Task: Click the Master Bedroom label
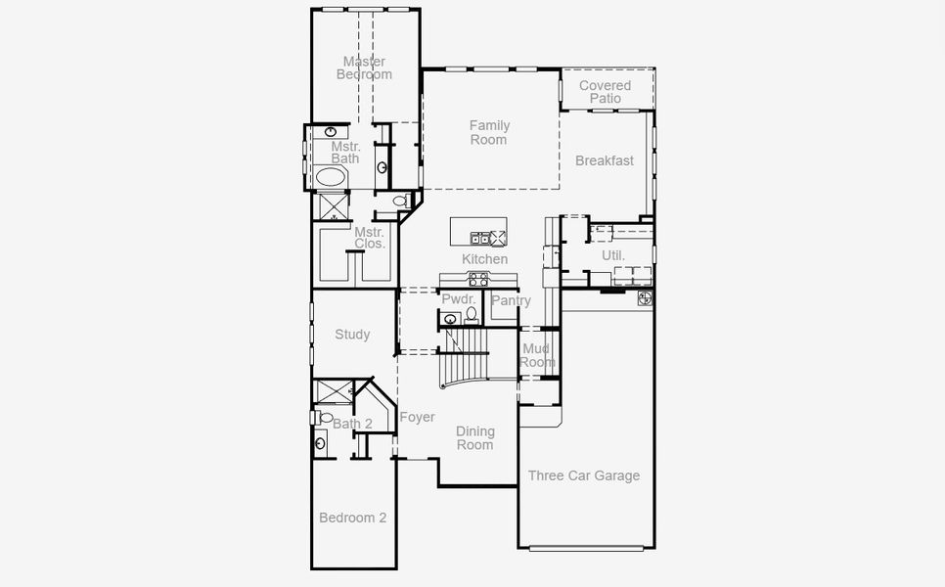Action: pos(364,68)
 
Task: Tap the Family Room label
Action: pos(489,132)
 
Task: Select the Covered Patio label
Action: pos(606,92)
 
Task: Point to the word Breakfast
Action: pos(605,160)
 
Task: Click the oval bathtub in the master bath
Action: pos(331,177)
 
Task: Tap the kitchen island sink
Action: pos(480,237)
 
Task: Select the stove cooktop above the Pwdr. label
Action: pos(477,281)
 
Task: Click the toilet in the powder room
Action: pos(472,315)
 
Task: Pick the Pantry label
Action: pos(510,300)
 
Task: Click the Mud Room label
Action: pos(536,355)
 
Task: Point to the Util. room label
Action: pos(613,255)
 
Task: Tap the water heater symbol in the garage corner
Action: pos(646,296)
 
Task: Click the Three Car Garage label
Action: pos(584,475)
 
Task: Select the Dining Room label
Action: pos(475,437)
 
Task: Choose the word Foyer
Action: pos(417,418)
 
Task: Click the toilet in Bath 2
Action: pos(326,418)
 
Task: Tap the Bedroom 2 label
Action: pos(352,518)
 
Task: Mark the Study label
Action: pos(352,335)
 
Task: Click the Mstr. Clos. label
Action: pos(370,238)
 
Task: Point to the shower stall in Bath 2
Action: pos(333,390)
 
